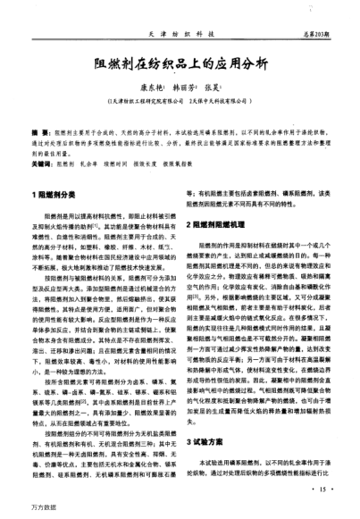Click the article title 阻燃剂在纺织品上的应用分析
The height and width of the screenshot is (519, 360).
[179, 63]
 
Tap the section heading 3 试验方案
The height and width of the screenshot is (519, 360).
[209, 441]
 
